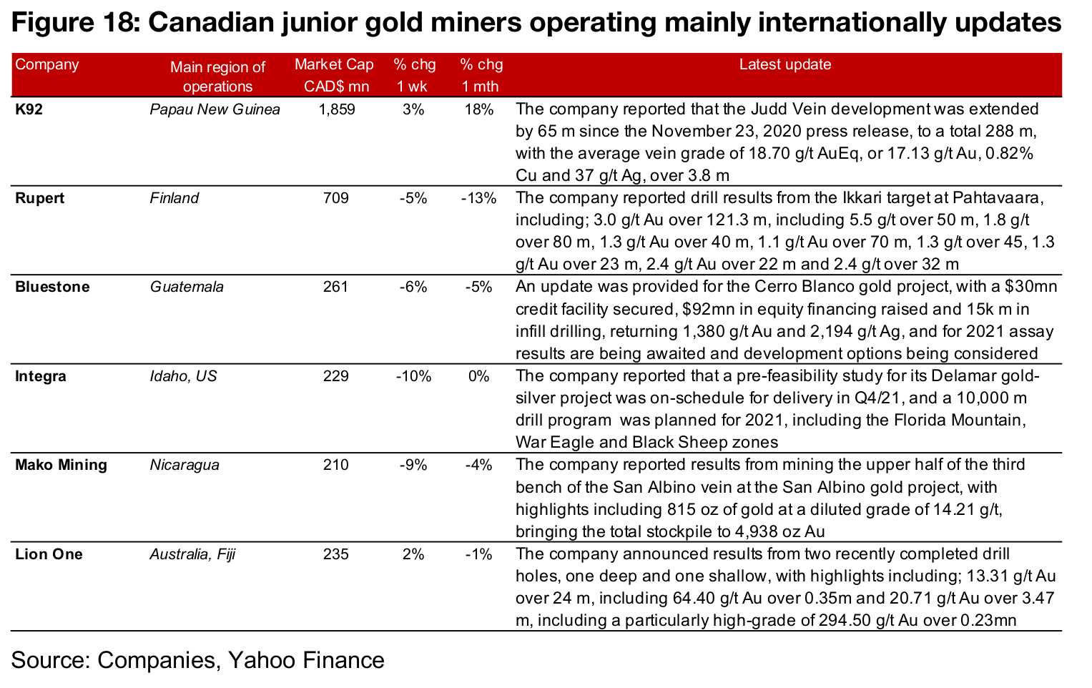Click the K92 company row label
tap(29, 109)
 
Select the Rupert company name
tap(40, 198)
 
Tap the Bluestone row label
tap(52, 287)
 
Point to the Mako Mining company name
tap(61, 465)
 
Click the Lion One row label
tap(49, 554)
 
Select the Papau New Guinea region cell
tap(215, 109)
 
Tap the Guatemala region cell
tap(187, 287)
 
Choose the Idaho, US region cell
tap(183, 376)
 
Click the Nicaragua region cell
tap(185, 465)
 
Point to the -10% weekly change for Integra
tap(413, 376)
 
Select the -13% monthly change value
tap(478, 198)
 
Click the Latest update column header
tap(785, 64)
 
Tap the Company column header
tap(47, 64)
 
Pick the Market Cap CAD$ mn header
tap(335, 75)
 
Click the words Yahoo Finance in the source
tap(306, 659)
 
